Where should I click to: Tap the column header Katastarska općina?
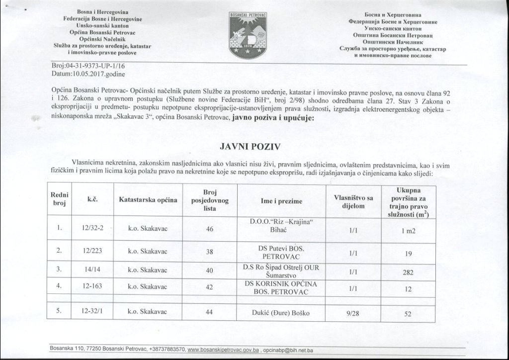[148, 200]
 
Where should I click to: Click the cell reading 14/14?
[91, 270]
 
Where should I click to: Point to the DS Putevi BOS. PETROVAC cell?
[281, 252]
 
